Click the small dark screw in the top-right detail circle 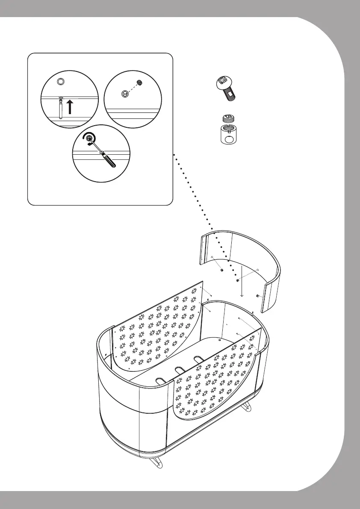coord(139,82)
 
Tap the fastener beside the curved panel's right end coord(257,296)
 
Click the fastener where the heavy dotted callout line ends coord(237,280)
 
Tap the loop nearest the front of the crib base coord(161,379)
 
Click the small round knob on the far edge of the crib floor coord(219,340)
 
